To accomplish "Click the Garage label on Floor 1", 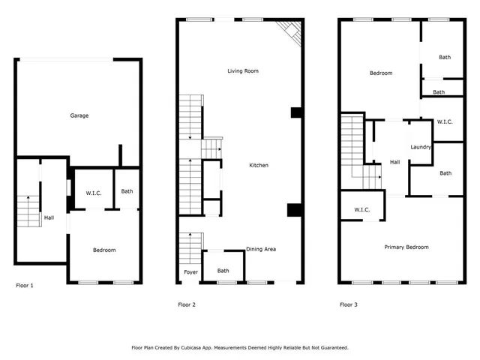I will (x=79, y=115).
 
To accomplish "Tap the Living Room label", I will (x=243, y=71).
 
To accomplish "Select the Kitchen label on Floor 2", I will (x=259, y=165).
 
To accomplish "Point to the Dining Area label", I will (x=262, y=250).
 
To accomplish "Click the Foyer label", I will (x=190, y=271).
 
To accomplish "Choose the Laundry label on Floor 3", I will (x=421, y=147).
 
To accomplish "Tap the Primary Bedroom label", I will (x=406, y=247).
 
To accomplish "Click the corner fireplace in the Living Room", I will (x=290, y=31).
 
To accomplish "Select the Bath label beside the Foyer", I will (x=223, y=271).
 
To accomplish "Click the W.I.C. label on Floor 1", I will (x=94, y=193).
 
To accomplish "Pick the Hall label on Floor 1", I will (x=49, y=217).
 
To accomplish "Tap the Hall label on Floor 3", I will (x=394, y=162).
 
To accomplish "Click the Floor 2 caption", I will (x=187, y=304).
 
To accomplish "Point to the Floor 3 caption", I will (x=349, y=304).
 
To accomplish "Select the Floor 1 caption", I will (x=25, y=285).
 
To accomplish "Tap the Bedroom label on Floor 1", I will (x=104, y=250).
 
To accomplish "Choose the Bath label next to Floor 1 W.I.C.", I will (x=127, y=191).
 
